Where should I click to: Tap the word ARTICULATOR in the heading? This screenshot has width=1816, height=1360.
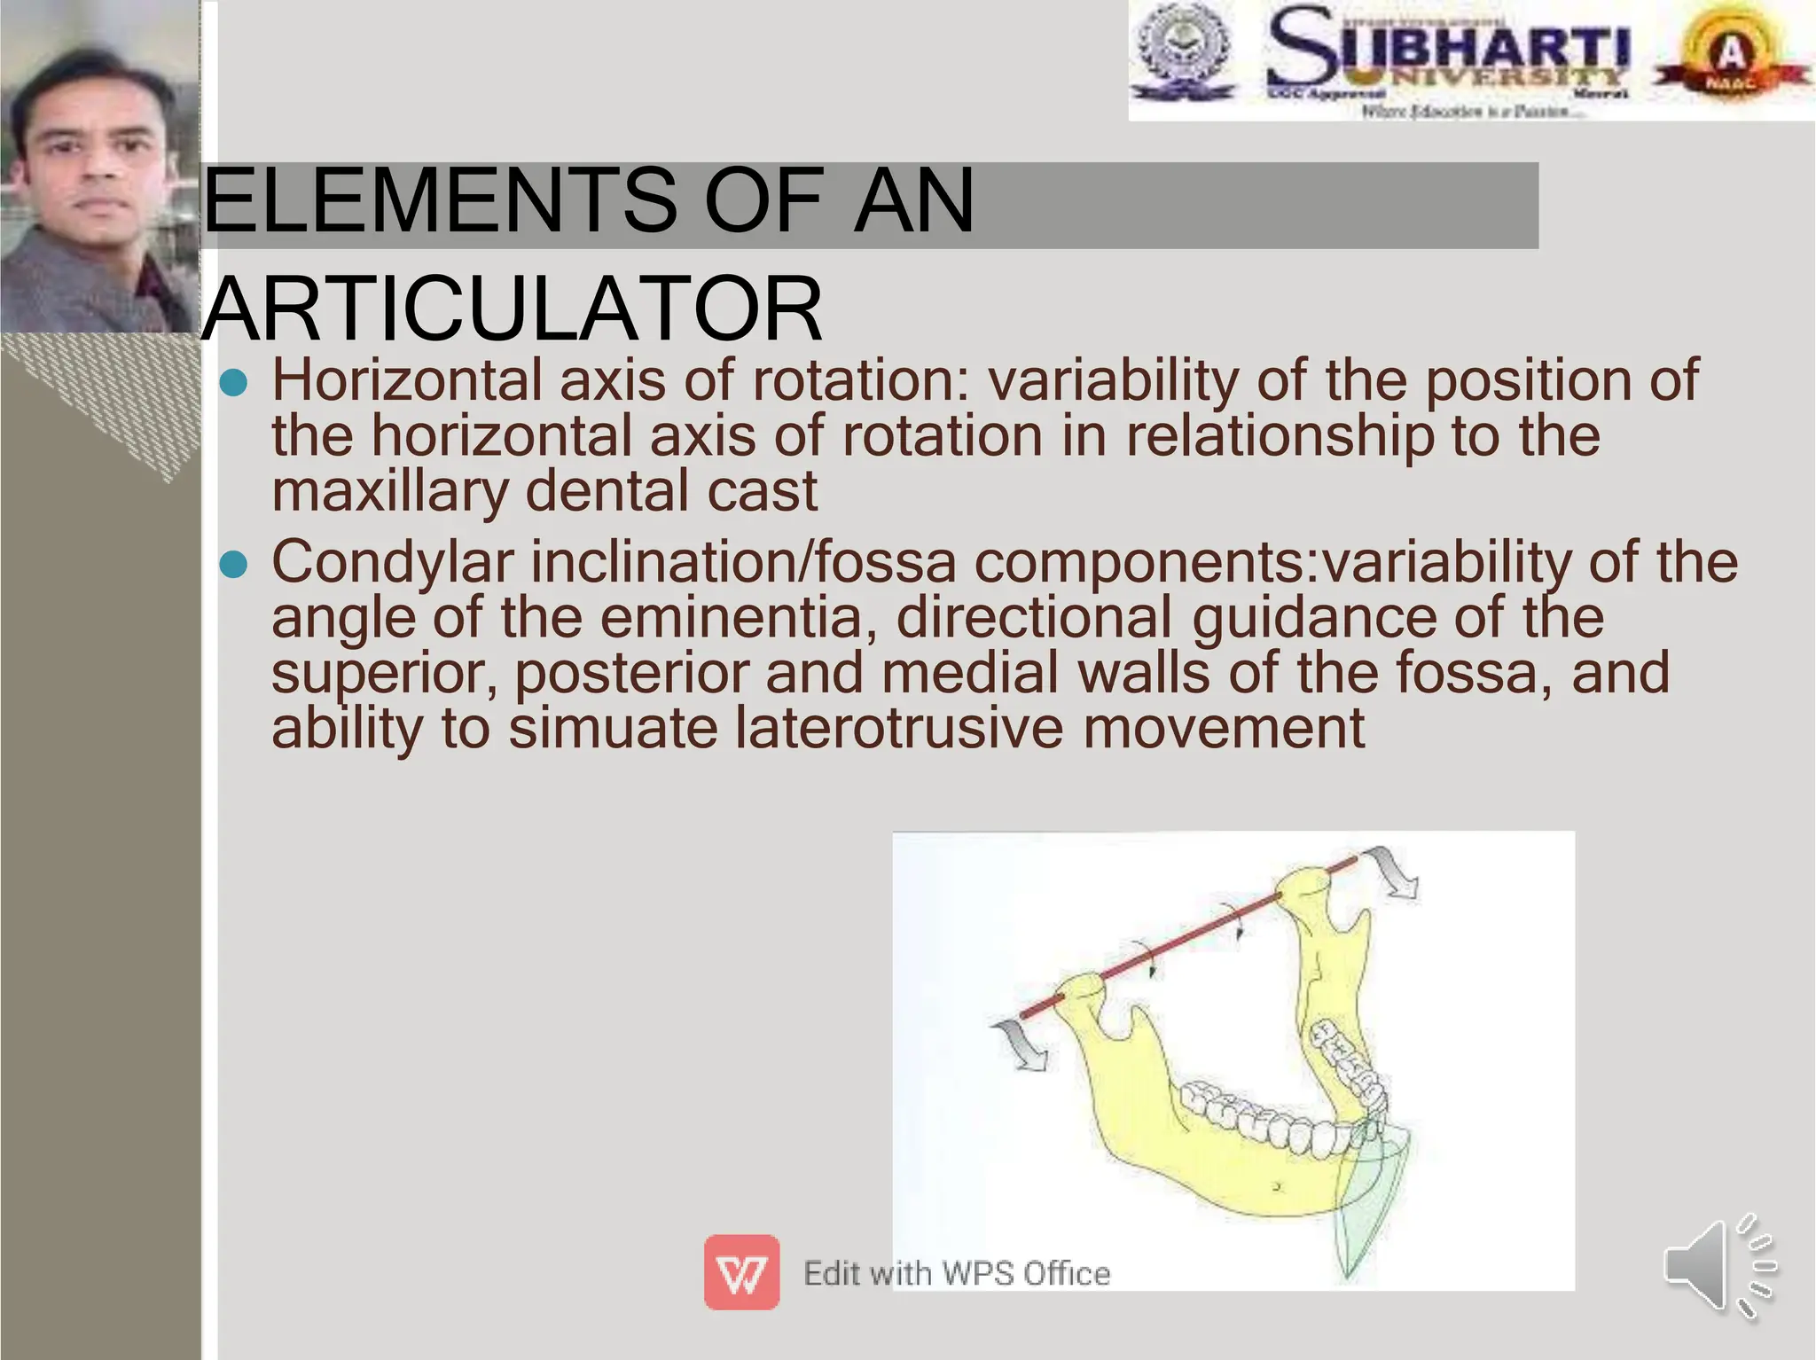(513, 309)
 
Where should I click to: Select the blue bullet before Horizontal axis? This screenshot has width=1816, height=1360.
(233, 383)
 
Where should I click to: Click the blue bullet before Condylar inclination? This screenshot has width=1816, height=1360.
(233, 565)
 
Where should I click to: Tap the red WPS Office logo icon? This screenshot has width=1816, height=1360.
(741, 1272)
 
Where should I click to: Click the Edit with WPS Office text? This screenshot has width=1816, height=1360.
(956, 1274)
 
